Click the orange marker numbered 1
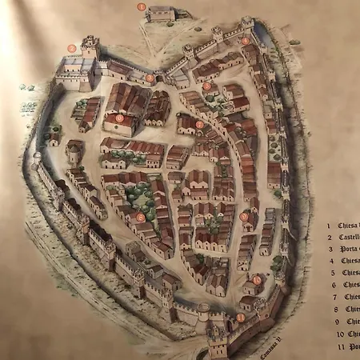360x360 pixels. tap(142, 6)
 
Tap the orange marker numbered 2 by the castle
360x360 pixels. tap(72, 48)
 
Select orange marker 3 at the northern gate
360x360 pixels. tap(150, 78)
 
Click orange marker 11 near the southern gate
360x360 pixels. tap(240, 318)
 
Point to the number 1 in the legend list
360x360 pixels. tap(330, 226)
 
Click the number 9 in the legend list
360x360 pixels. tap(330, 322)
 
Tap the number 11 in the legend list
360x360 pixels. tap(330, 346)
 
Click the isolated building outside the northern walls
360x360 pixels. tap(161, 14)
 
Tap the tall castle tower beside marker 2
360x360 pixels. tap(90, 48)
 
